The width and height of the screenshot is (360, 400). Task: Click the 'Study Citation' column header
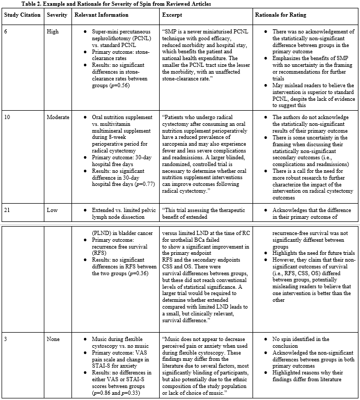(x=22, y=15)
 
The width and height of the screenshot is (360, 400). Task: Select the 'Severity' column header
(x=57, y=15)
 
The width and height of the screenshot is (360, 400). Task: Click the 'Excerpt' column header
(x=173, y=15)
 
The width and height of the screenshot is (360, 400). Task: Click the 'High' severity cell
(x=53, y=31)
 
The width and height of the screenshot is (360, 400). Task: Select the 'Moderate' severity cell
(x=58, y=117)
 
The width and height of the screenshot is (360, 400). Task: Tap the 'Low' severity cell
(x=52, y=209)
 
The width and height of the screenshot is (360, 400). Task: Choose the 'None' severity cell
(x=53, y=339)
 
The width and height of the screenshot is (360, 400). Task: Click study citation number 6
(x=6, y=31)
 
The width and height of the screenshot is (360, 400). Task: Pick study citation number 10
(x=8, y=117)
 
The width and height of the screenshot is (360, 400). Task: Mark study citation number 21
(x=8, y=209)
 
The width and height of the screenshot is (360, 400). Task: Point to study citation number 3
(x=6, y=339)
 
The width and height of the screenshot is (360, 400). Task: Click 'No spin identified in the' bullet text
(x=301, y=339)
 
